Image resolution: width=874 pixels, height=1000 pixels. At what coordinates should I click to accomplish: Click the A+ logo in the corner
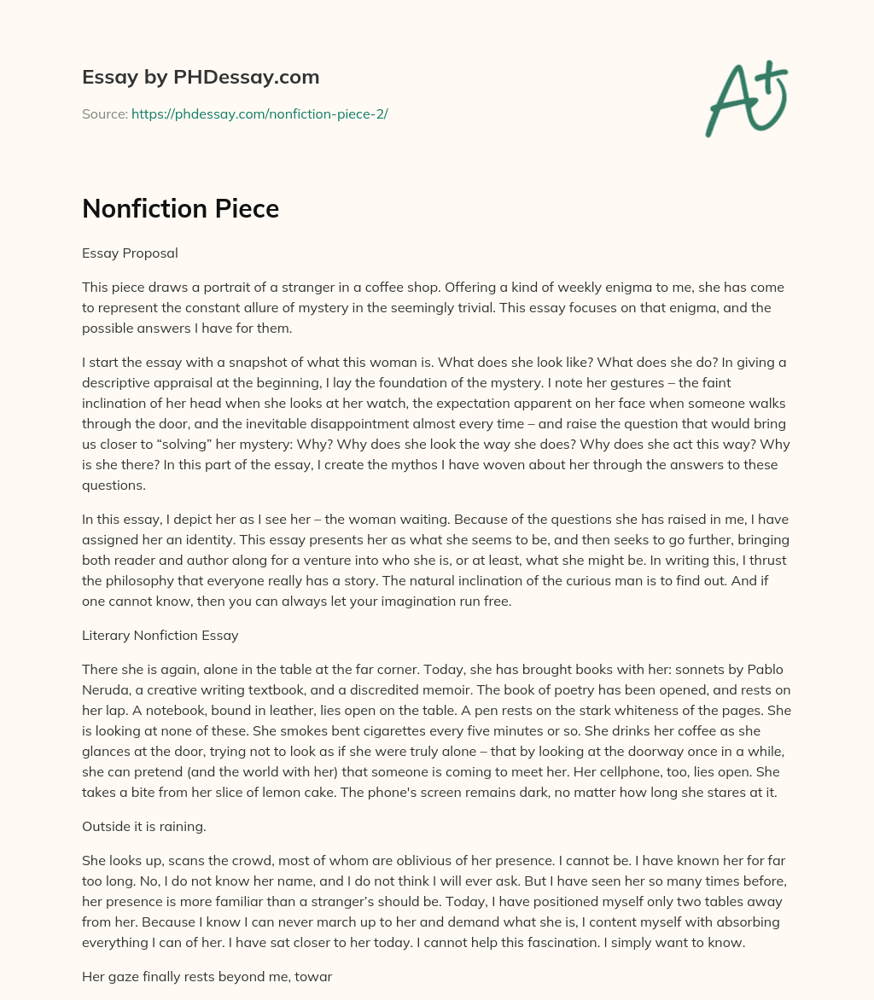(x=745, y=98)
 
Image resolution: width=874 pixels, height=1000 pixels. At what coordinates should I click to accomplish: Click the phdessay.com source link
(x=259, y=113)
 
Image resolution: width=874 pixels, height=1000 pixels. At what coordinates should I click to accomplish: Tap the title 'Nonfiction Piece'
(x=180, y=208)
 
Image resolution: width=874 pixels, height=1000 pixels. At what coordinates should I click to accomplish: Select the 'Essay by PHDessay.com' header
(x=201, y=78)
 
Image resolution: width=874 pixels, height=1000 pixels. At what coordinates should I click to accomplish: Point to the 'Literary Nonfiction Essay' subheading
(x=160, y=635)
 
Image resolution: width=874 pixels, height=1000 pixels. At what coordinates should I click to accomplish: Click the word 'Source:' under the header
(x=104, y=113)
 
